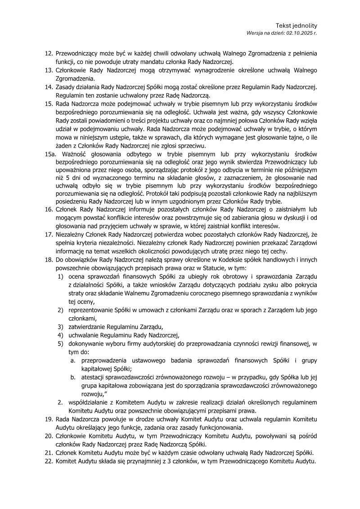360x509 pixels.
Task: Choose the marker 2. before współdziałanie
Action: [60, 401]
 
